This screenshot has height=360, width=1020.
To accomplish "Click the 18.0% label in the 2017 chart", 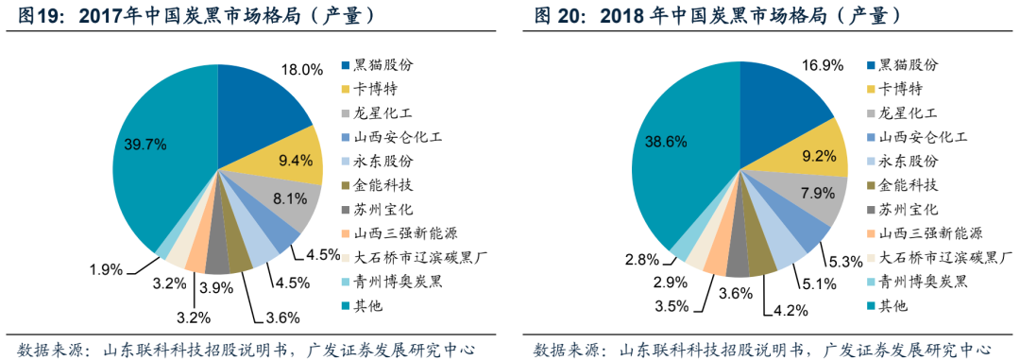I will pos(304,69).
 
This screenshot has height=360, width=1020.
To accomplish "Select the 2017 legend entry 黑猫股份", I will pos(382,65).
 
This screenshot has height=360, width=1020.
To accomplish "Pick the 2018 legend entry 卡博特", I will pos(901,89).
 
